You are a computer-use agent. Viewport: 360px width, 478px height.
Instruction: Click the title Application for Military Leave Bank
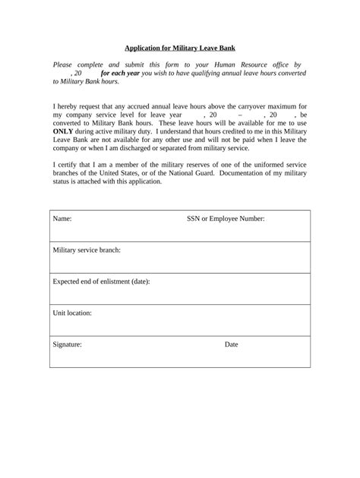(180, 48)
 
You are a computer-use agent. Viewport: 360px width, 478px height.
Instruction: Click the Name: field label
(62, 219)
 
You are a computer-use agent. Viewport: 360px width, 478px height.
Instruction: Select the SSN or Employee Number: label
(226, 219)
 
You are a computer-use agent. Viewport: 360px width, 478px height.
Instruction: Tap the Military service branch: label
(87, 250)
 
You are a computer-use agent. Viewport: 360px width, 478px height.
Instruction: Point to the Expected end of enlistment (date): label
(101, 281)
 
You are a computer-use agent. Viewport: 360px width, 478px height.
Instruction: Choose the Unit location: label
(72, 313)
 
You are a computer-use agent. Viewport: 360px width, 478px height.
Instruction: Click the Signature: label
(67, 344)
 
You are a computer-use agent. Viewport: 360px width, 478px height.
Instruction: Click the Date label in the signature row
(232, 344)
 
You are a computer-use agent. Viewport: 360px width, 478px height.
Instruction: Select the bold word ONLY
(63, 131)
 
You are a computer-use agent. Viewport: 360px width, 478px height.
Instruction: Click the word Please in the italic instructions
(65, 65)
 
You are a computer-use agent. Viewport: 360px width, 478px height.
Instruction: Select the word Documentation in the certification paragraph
(262, 173)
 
